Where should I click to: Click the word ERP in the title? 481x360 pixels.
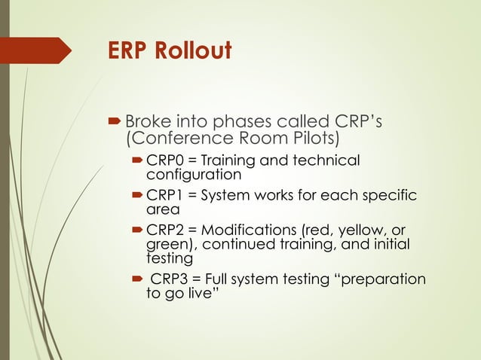(x=128, y=51)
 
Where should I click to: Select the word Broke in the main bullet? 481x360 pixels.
(x=148, y=121)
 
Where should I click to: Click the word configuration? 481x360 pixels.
(x=193, y=174)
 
